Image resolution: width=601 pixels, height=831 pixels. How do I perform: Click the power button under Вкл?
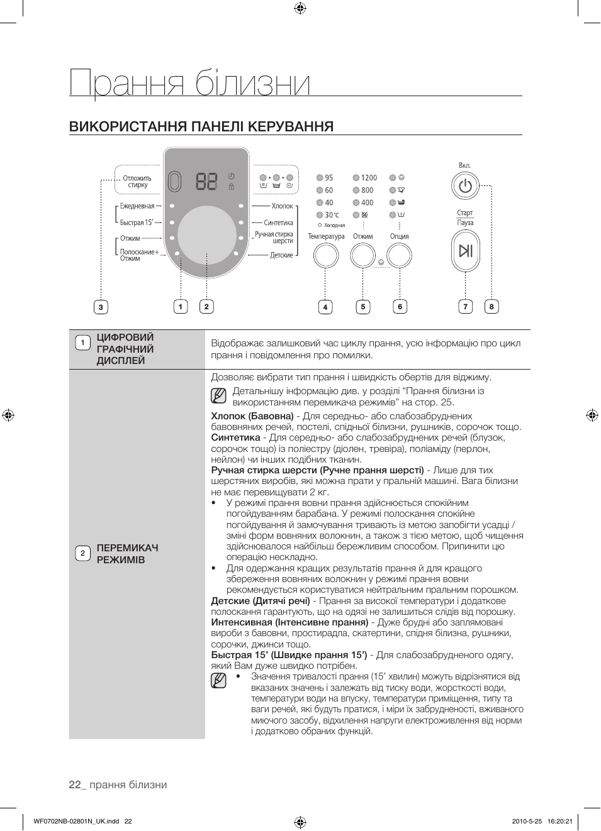465,187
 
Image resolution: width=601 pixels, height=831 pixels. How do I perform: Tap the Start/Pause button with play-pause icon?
465,251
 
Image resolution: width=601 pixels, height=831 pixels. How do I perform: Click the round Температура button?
325,256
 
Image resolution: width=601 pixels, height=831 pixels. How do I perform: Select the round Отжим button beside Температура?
362,256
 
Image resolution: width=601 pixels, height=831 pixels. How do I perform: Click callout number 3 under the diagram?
101,307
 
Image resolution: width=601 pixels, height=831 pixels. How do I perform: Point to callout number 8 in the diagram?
491,307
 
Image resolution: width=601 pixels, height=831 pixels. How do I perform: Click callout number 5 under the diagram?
362,307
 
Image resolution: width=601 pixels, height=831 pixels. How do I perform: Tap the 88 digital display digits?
206,182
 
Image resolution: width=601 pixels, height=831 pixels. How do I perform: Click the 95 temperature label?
329,178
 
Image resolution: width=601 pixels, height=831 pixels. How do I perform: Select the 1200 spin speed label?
369,178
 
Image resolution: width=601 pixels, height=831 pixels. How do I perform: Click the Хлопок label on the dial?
283,206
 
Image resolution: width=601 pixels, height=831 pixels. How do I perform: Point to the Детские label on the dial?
281,255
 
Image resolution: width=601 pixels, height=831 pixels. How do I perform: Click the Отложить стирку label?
137,182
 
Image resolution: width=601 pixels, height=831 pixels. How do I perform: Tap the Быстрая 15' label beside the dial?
137,223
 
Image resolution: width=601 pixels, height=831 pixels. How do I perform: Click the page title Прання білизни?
189,83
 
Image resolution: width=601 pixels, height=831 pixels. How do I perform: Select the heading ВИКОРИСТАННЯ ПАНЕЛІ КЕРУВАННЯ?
201,126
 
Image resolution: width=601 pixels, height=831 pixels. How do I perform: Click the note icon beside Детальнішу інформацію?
218,396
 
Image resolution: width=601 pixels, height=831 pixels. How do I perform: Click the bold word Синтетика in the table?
235,438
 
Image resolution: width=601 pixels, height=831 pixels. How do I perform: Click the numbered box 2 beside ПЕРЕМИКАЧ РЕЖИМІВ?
82,553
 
